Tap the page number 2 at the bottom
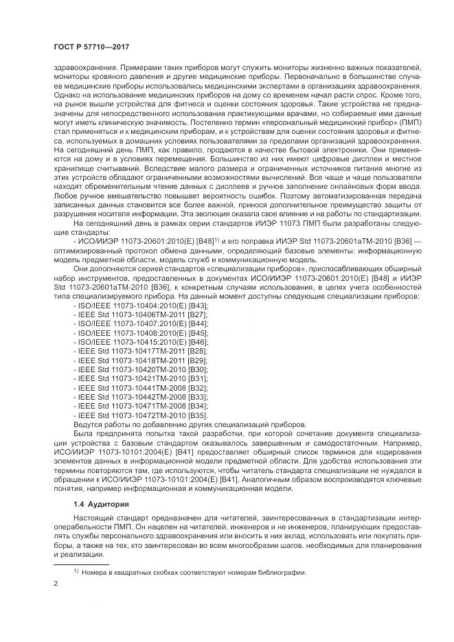tap(56, 584)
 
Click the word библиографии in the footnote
tap(281, 573)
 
